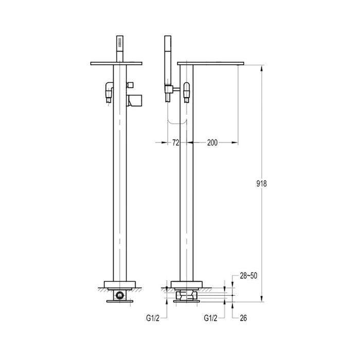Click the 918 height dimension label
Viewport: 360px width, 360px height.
pyautogui.click(x=262, y=184)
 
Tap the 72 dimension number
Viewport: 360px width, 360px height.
pyautogui.click(x=175, y=143)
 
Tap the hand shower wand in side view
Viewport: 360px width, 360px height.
pyautogui.click(x=167, y=62)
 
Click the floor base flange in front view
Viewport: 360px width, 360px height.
pyautogui.click(x=120, y=284)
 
